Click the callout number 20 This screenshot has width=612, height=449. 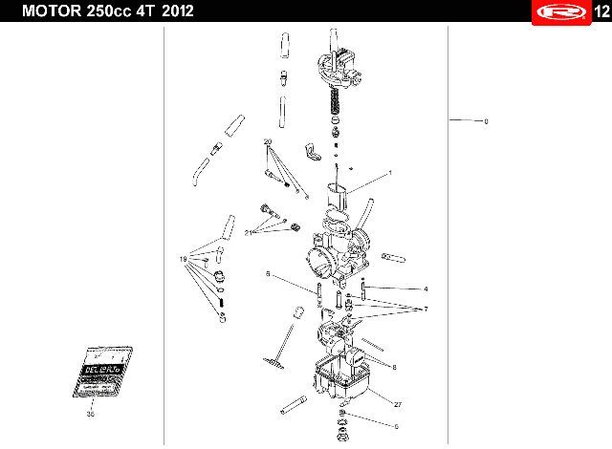(269, 141)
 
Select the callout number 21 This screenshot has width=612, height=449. (249, 232)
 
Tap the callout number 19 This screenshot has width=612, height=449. (184, 260)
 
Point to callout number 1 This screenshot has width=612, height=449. (390, 173)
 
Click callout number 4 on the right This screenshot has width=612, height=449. (426, 289)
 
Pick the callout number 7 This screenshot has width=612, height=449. (426, 309)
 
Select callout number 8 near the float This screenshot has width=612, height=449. (393, 365)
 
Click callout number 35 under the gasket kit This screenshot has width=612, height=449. (90, 415)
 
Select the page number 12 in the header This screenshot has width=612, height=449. (600, 11)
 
